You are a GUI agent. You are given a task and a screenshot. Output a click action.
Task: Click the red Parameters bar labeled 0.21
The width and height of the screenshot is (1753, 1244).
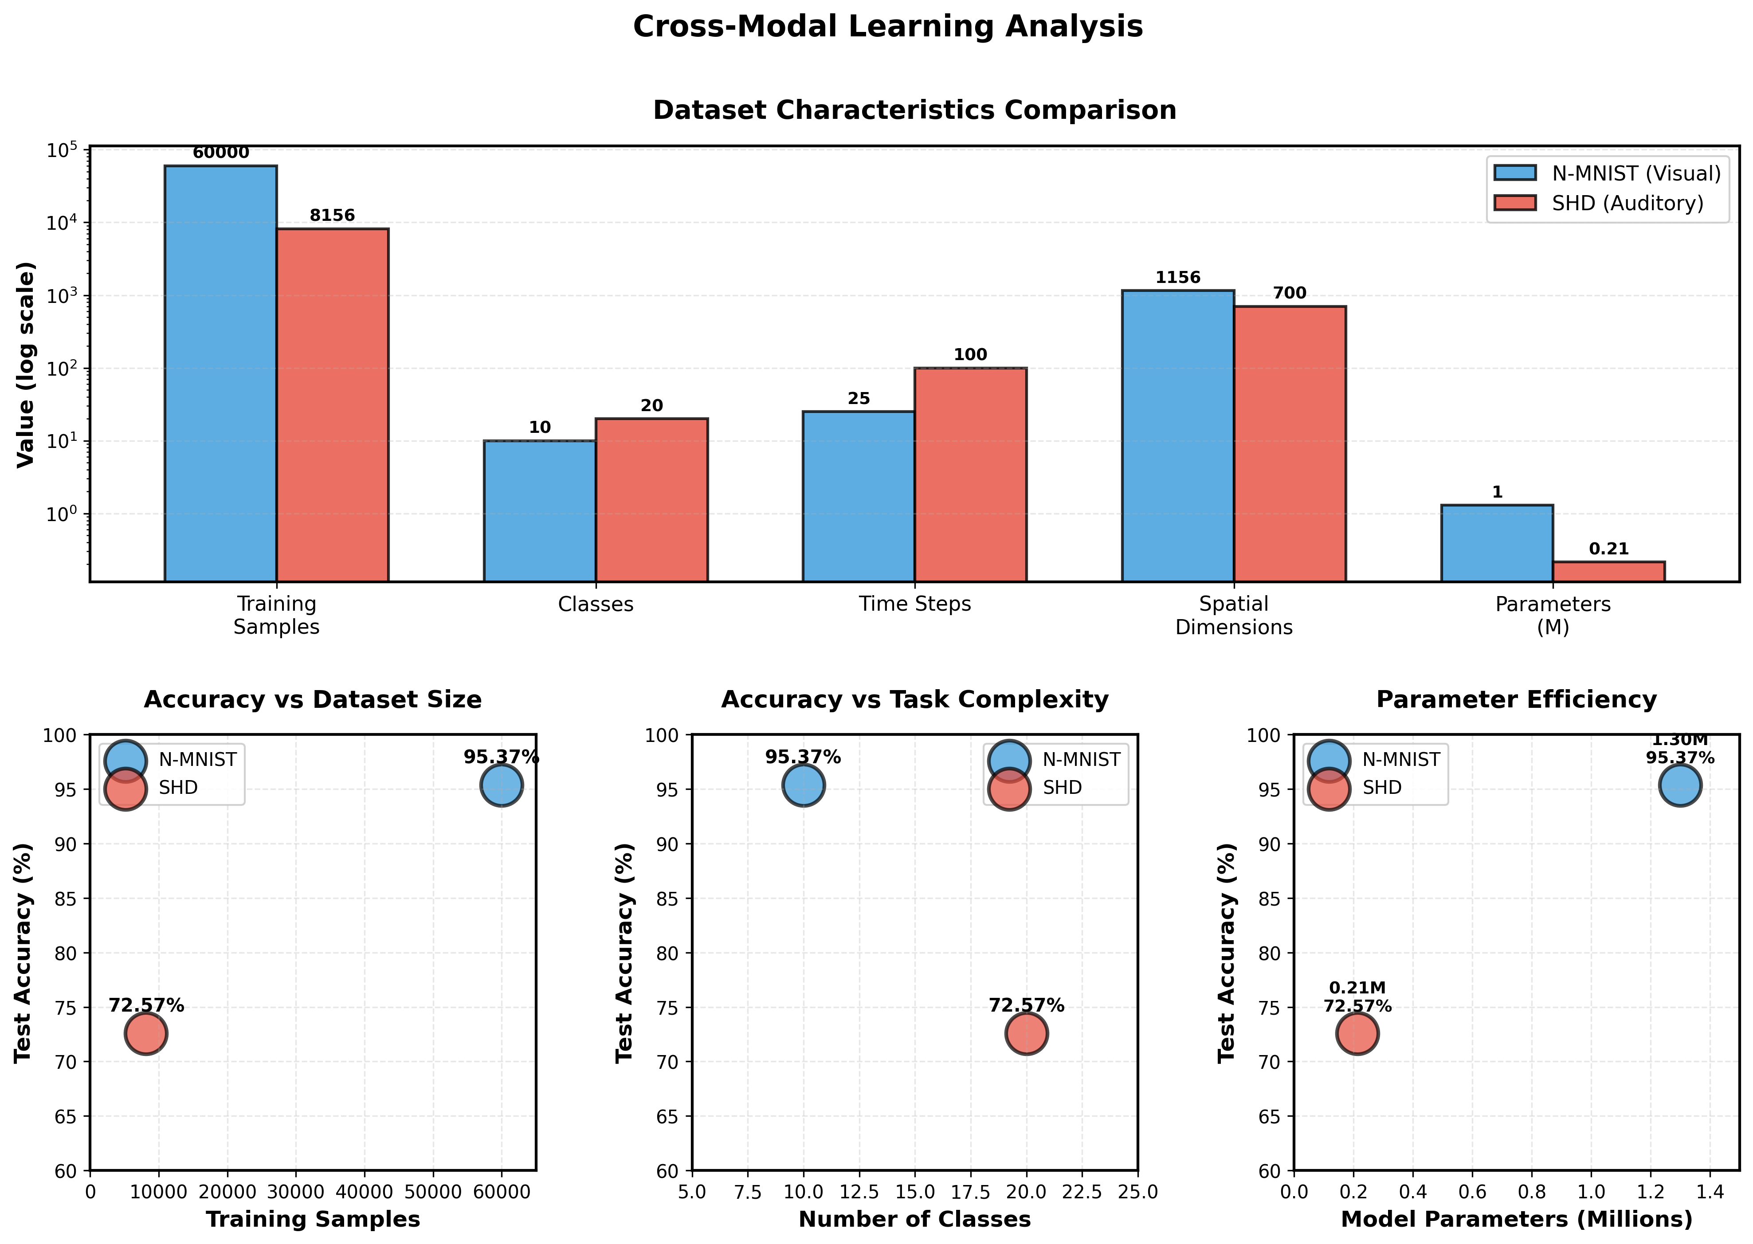click(x=1608, y=572)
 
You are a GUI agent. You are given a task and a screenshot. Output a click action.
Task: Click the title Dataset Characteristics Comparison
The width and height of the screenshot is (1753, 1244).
click(x=914, y=110)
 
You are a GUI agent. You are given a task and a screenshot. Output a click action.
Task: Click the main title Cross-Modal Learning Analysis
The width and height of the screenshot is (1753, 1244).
click(x=888, y=27)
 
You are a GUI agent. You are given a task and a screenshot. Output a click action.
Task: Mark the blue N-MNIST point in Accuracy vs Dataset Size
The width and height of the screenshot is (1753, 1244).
click(x=502, y=785)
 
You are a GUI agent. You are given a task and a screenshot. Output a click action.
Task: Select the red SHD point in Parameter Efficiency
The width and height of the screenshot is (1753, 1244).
click(x=1357, y=1033)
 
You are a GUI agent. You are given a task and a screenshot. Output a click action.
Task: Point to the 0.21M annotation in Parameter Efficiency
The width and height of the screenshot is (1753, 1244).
click(x=1357, y=988)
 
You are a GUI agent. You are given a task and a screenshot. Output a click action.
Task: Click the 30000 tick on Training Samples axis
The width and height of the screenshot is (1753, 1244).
click(x=296, y=1192)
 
